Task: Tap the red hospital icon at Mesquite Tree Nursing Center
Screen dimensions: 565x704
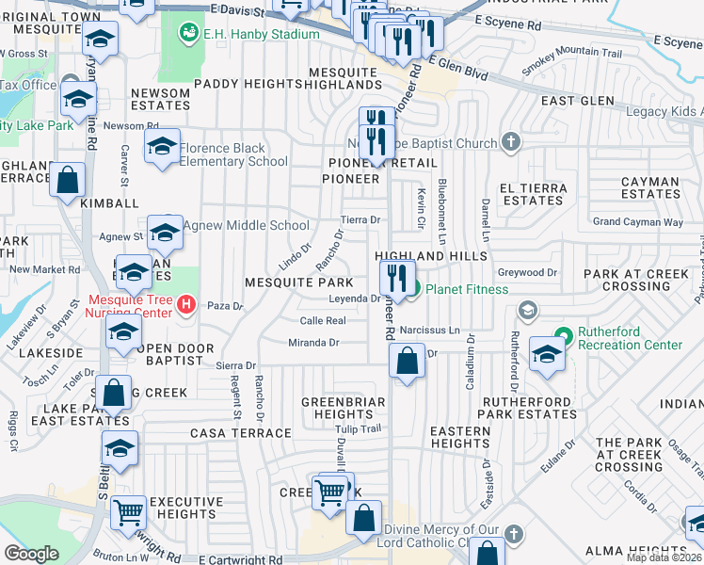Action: [x=186, y=305]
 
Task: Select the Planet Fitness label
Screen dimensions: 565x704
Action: [x=466, y=289]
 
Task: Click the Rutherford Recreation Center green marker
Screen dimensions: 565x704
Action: [x=563, y=335]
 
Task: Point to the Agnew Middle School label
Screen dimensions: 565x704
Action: [x=246, y=225]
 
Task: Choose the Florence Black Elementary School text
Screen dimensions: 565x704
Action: [x=233, y=154]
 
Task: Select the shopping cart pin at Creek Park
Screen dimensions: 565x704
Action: [x=329, y=492]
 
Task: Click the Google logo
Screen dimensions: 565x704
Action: [x=31, y=553]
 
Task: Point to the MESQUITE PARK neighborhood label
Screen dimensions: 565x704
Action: [x=298, y=282]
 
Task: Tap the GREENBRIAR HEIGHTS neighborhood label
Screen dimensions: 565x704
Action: [x=344, y=408]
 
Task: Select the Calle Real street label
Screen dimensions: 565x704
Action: [x=323, y=321]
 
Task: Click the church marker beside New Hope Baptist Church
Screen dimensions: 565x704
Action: [x=510, y=143]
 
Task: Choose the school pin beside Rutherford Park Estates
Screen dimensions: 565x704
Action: [x=546, y=356]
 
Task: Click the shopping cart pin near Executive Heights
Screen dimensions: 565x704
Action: [x=129, y=514]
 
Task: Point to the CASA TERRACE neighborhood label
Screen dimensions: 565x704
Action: [x=241, y=433]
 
